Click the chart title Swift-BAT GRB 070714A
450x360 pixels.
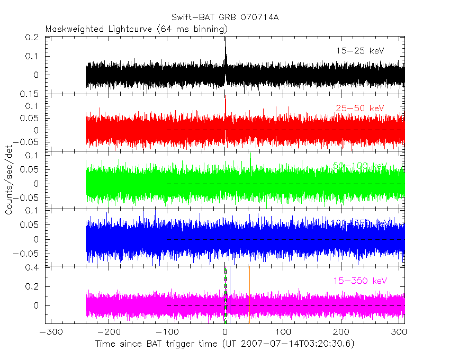(225, 17)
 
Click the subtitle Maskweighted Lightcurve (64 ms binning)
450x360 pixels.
(137, 28)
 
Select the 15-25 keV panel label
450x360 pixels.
(359, 51)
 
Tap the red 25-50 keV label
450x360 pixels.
(359, 109)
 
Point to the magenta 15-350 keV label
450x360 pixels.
(359, 280)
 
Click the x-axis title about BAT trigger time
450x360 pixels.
(225, 344)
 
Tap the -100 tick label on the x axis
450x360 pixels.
(167, 332)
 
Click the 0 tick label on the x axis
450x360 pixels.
(226, 332)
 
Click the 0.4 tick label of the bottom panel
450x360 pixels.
(33, 267)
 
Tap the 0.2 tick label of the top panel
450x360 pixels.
(33, 38)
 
